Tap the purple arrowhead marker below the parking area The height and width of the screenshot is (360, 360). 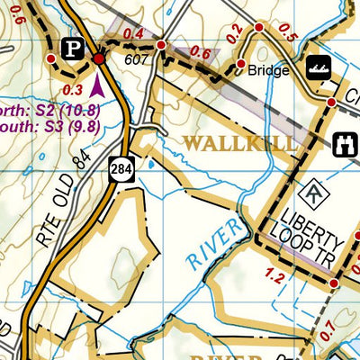tap(97, 85)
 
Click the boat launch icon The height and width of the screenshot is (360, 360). tap(317, 67)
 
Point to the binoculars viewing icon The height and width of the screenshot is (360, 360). tap(344, 144)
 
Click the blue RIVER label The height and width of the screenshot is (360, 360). tap(217, 244)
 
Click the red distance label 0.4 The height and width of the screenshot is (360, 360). tap(133, 34)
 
